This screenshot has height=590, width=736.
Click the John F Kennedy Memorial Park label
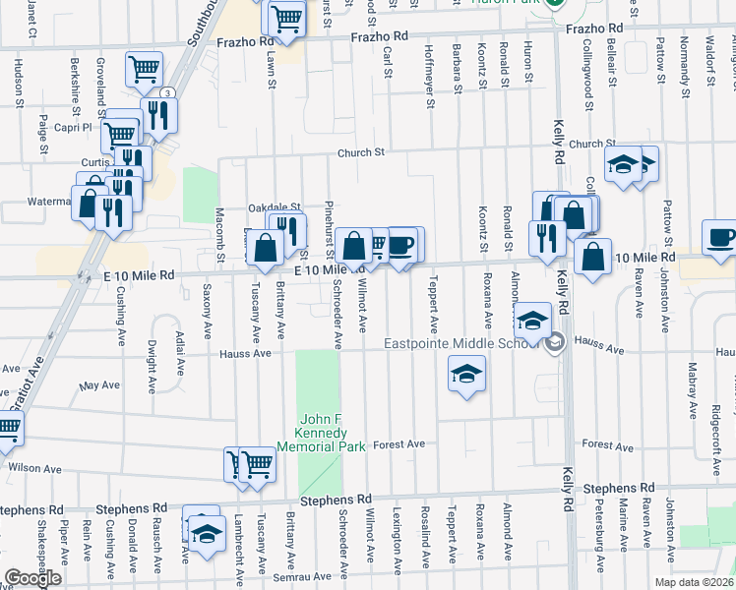coord(321,433)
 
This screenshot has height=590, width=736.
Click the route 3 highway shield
coord(168,92)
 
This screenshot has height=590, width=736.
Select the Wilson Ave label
coord(29,468)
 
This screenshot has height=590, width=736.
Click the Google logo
coord(32,578)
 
